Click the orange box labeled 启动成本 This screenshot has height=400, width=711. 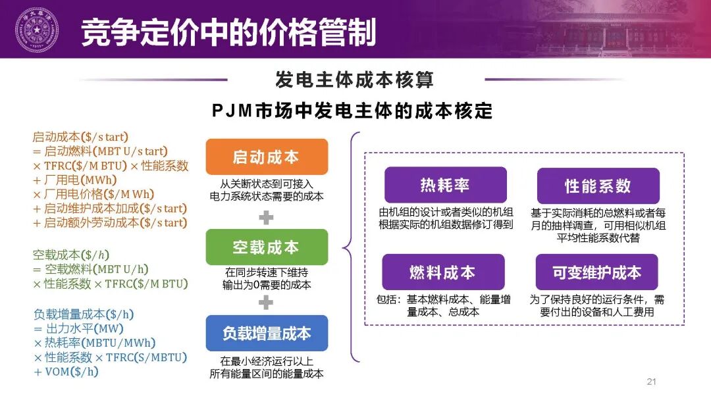[266, 157]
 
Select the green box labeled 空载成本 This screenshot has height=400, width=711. [266, 247]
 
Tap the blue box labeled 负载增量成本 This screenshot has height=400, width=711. [266, 333]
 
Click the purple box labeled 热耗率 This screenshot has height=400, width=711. [445, 185]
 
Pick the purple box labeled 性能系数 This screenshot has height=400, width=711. [598, 186]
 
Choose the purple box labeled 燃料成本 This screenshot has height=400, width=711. [442, 272]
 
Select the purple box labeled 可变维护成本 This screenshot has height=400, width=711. [596, 272]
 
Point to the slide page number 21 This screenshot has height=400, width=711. [652, 382]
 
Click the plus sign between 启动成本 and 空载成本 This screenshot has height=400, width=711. [266, 216]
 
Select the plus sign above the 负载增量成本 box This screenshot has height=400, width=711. [266, 303]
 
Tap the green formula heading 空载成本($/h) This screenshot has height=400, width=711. [68, 254]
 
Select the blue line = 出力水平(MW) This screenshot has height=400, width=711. [78, 328]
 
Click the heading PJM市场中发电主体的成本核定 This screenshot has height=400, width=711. [353, 110]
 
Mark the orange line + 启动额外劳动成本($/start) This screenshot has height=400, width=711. [109, 222]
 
